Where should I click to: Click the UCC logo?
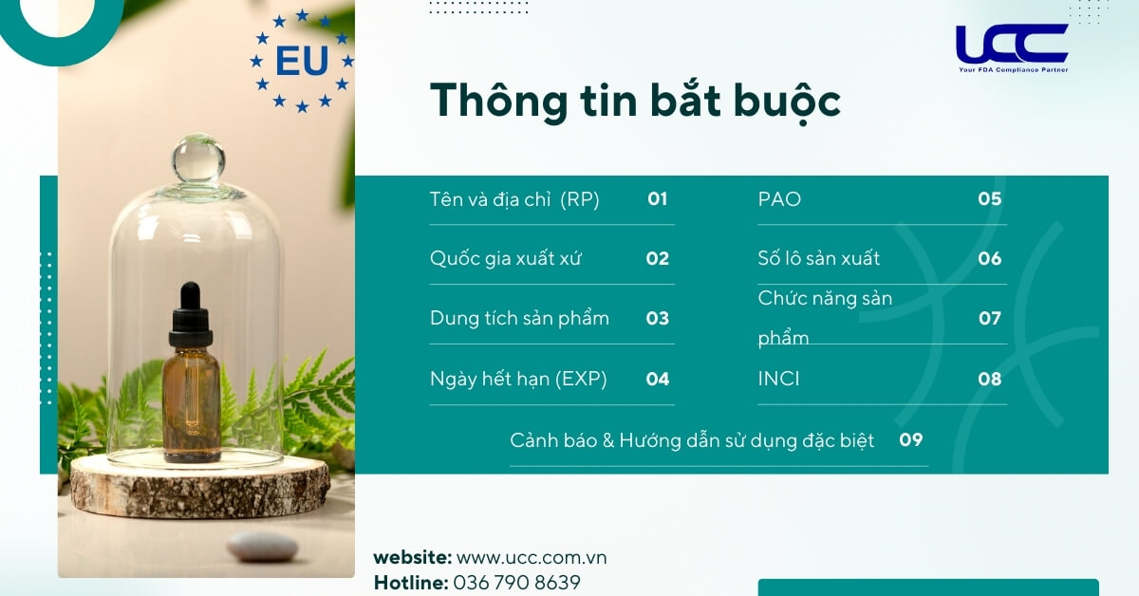(1012, 44)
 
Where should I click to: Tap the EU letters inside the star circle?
(302, 62)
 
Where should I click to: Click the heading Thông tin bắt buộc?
(635, 101)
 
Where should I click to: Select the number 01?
(658, 199)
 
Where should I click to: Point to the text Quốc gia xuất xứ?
(505, 258)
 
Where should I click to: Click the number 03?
(658, 318)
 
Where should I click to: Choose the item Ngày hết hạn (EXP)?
(518, 379)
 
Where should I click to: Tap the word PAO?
(779, 199)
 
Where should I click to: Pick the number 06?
(990, 258)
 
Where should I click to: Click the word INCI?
(778, 379)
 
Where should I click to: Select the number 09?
(911, 439)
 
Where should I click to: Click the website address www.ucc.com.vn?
(532, 557)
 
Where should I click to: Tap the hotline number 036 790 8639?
(517, 582)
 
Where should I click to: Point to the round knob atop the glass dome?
(197, 158)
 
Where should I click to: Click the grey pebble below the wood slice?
(262, 545)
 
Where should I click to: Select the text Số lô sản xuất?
(819, 258)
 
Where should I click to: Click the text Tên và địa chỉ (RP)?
(514, 199)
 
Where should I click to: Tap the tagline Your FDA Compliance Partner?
(1012, 69)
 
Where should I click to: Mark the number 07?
(990, 318)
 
